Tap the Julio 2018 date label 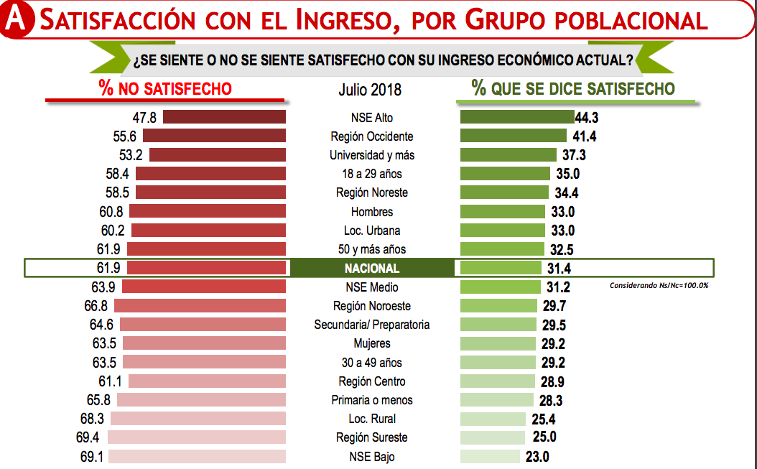pos(370,90)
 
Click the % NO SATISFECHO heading pos(165,88)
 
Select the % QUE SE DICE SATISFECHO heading pos(572,88)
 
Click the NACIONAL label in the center pos(372,268)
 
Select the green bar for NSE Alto pos(516,117)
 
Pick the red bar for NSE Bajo pos(197,456)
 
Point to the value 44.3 pos(587,118)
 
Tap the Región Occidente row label pos(372,136)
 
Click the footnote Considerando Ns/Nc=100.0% pos(659,285)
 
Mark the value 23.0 pos(537,457)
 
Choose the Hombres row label pos(372,212)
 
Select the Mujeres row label pos(372,343)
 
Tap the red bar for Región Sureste pos(197,437)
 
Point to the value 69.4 pos(91,437)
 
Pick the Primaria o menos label pos(372,400)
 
